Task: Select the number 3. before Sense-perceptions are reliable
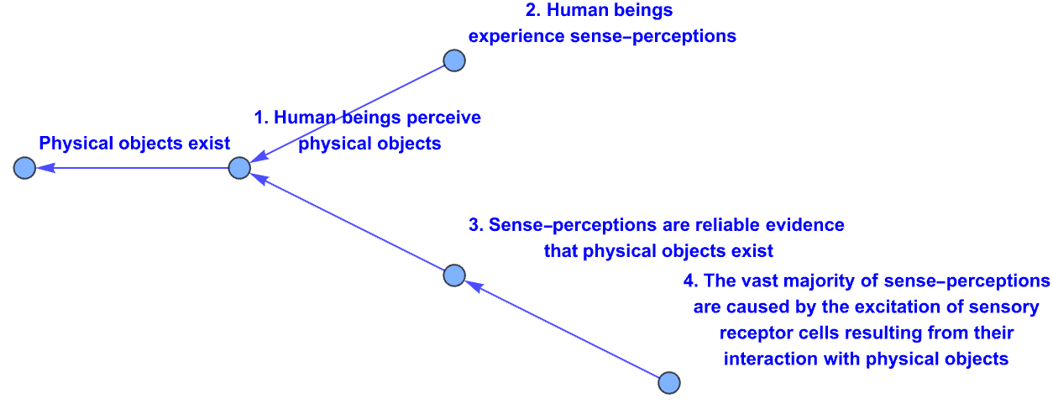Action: [x=476, y=225]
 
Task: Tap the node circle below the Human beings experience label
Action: [x=454, y=60]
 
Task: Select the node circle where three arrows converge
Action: [x=239, y=168]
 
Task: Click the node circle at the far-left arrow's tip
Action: [x=24, y=168]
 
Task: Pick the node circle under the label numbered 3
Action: [x=454, y=275]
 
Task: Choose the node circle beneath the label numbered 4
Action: [x=668, y=383]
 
